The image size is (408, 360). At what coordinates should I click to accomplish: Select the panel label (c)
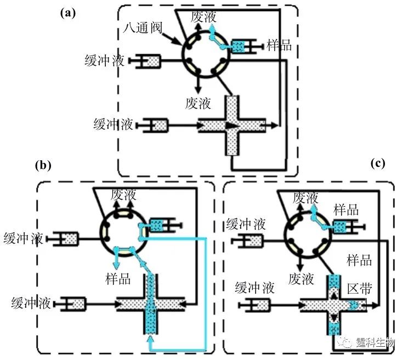click(x=378, y=163)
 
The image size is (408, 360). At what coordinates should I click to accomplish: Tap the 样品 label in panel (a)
click(x=279, y=45)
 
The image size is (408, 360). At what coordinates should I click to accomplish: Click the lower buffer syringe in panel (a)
click(x=153, y=126)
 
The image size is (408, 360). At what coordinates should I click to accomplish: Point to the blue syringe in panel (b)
click(x=160, y=224)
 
